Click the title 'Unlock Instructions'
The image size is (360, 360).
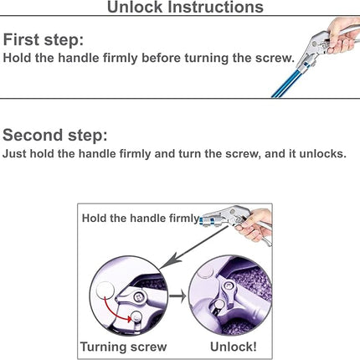[x=185, y=7]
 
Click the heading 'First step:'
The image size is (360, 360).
[x=44, y=39]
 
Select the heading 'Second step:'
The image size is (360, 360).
[x=55, y=135]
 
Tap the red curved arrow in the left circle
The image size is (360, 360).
[x=116, y=311]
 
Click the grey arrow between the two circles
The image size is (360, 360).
[x=177, y=296]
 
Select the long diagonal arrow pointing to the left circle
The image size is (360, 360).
[x=194, y=248]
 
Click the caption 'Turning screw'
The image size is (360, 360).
[x=124, y=347]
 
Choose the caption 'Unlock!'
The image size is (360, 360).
[x=234, y=347]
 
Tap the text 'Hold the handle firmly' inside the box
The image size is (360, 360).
[x=141, y=219]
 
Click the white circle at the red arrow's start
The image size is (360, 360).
[x=105, y=291]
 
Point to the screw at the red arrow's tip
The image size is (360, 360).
[x=136, y=316]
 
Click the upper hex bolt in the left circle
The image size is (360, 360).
[x=138, y=297]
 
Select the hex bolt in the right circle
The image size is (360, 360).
[x=229, y=285]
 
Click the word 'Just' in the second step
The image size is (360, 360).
[x=14, y=154]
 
